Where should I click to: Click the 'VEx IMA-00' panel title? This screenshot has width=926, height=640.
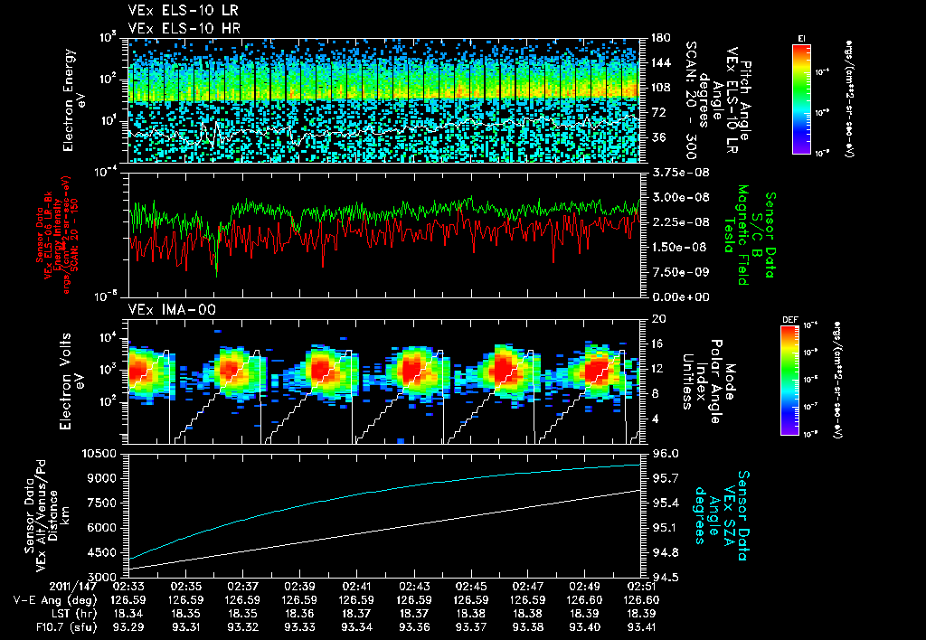(x=164, y=310)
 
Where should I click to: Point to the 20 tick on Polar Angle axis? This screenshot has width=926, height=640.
(x=653, y=319)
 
